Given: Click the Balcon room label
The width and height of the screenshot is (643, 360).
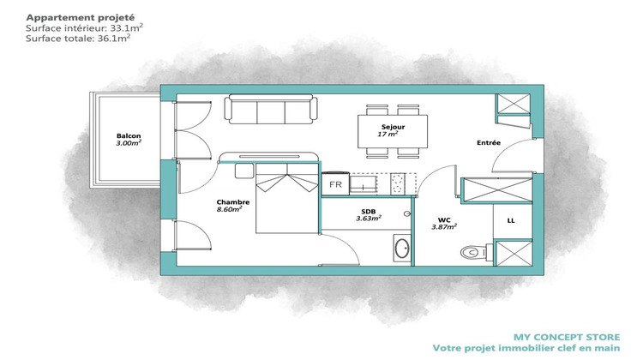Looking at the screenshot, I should click(129, 135).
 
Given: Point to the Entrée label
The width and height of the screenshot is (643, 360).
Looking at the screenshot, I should click(489, 142).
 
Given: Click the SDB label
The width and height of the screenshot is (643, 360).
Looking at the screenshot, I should click(366, 210).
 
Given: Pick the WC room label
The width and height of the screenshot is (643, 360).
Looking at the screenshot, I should click(444, 219).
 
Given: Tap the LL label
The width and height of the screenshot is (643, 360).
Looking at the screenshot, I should click(511, 220).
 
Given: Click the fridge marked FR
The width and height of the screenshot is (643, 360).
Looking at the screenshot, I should click(335, 184).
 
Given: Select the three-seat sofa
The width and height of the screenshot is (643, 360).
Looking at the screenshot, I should click(270, 109).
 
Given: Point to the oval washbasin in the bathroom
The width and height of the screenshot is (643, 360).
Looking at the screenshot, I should click(401, 249).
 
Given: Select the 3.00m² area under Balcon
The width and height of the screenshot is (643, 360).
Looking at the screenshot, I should click(129, 144).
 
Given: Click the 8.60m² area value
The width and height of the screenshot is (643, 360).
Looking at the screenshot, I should click(229, 209).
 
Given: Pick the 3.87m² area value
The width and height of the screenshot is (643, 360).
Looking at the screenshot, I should click(444, 227).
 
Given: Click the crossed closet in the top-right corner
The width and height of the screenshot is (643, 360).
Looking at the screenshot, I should click(514, 103).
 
